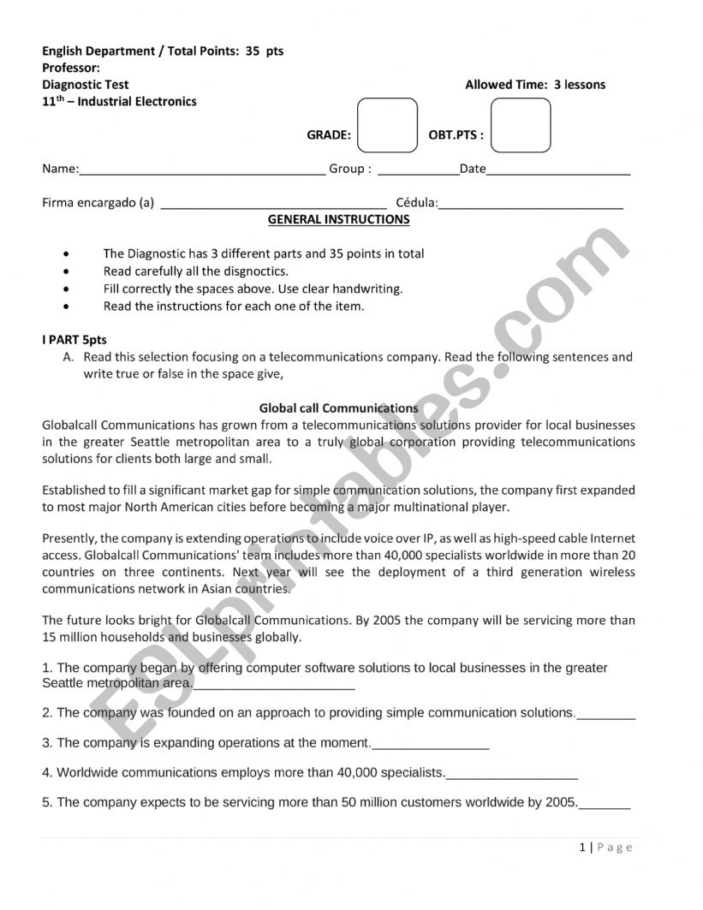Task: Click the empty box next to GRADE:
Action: (x=387, y=125)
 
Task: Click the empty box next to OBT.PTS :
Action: (x=521, y=125)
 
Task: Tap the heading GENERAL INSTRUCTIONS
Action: (x=339, y=220)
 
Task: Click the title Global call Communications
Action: (x=339, y=408)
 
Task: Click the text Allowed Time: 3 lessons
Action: (x=535, y=85)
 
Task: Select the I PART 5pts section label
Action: (x=74, y=340)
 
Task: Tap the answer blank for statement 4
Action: (x=512, y=776)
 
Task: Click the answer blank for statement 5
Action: (x=605, y=806)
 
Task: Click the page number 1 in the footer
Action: (x=582, y=848)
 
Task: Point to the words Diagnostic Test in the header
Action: (x=86, y=85)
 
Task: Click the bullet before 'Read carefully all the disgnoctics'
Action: (x=67, y=271)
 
